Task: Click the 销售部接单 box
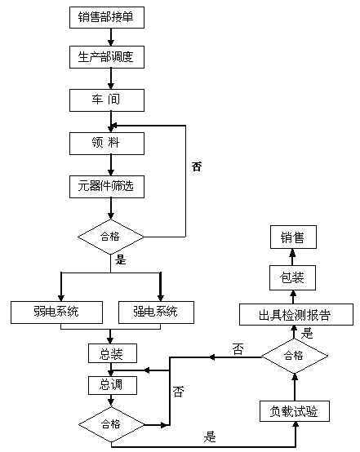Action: (x=106, y=18)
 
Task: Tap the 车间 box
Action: (x=106, y=100)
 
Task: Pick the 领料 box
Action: (x=106, y=144)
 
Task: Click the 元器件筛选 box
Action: (x=106, y=187)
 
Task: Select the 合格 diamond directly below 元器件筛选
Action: (x=110, y=237)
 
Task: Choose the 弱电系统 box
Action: (x=56, y=311)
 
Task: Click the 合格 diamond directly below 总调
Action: (x=110, y=424)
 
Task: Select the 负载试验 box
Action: (x=294, y=412)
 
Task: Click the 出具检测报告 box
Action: (x=296, y=315)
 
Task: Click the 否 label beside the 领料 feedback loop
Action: (x=196, y=166)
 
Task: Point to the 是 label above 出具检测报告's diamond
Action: (x=307, y=333)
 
